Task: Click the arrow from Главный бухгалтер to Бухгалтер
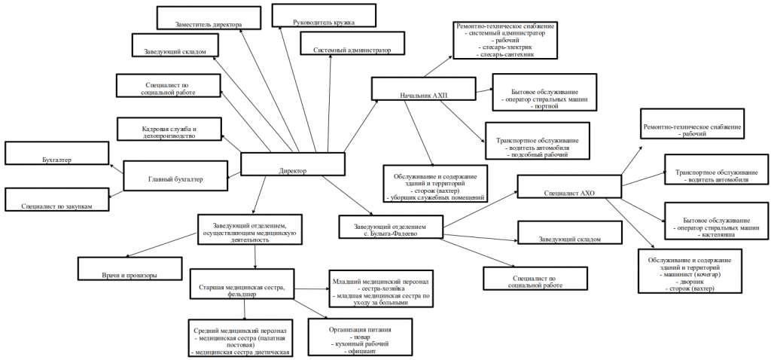(x=114, y=169)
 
